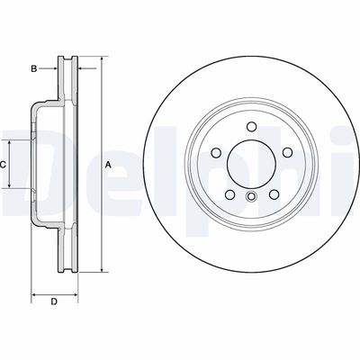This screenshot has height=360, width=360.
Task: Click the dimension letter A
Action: [x=108, y=165]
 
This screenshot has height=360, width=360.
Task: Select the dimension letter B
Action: [x=34, y=67]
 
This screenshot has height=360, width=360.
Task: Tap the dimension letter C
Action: [x=4, y=165]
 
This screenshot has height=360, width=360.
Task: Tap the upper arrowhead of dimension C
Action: [x=11, y=143]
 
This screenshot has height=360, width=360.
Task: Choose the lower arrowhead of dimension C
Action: [x=11, y=187]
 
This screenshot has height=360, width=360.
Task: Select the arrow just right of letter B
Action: [x=51, y=67]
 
